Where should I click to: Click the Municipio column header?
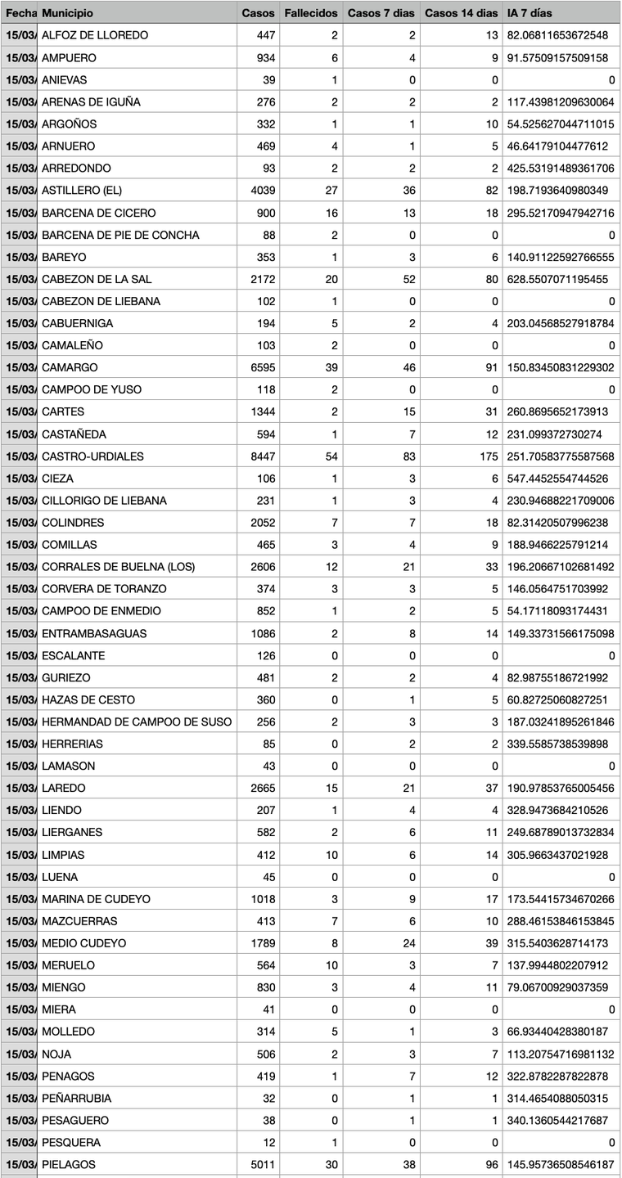coord(67,13)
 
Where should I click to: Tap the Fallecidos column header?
coord(310,13)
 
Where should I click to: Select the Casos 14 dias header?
coord(461,13)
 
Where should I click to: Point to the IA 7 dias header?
coord(530,13)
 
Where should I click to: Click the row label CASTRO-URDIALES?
coord(92,456)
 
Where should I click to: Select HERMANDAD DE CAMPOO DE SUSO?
coord(136,722)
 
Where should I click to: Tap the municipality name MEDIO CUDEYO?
coord(83,942)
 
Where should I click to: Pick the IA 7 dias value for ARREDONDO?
coord(561,169)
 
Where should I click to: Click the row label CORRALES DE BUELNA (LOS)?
coord(118,566)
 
